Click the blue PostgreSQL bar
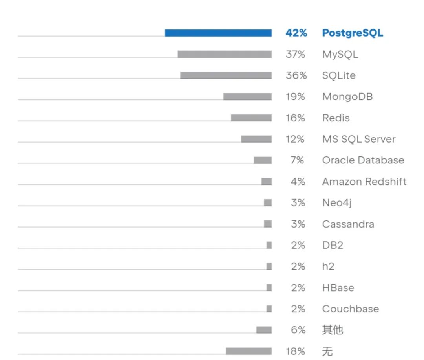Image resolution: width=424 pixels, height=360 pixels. click(218, 33)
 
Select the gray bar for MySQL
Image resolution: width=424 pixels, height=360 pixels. click(225, 54)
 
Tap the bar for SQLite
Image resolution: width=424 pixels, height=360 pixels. click(226, 75)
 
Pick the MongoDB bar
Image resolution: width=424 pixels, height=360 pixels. click(247, 97)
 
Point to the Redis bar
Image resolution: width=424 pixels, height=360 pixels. click(251, 118)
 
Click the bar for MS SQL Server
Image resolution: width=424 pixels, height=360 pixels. click(256, 139)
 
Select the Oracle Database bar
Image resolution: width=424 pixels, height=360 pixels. click(263, 160)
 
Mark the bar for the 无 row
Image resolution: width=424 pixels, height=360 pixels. click(249, 351)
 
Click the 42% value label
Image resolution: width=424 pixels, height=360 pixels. click(296, 33)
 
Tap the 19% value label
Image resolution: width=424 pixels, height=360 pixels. click(295, 97)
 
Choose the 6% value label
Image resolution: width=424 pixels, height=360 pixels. click(298, 330)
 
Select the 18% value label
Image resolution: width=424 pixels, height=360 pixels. click(295, 351)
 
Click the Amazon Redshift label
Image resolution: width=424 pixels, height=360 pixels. click(364, 182)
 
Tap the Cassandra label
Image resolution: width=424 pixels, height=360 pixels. click(348, 224)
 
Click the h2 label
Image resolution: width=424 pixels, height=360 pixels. click(328, 266)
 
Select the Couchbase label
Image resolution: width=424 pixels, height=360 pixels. click(350, 309)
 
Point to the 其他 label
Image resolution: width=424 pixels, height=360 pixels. click(333, 330)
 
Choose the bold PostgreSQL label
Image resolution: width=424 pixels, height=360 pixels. click(353, 33)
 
